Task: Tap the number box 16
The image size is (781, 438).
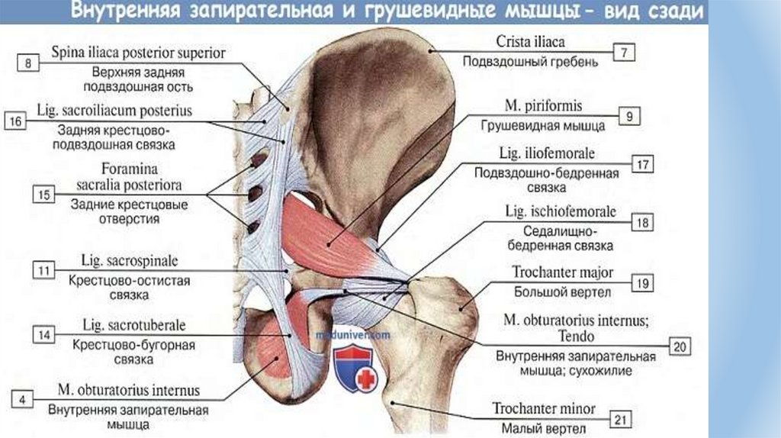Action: point(17,121)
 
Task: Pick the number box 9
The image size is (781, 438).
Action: point(628,116)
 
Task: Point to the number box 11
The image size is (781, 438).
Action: point(45,269)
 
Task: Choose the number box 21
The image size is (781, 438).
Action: point(623,419)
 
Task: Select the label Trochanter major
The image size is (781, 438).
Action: point(563,273)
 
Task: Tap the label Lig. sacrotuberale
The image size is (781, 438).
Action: point(133,326)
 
